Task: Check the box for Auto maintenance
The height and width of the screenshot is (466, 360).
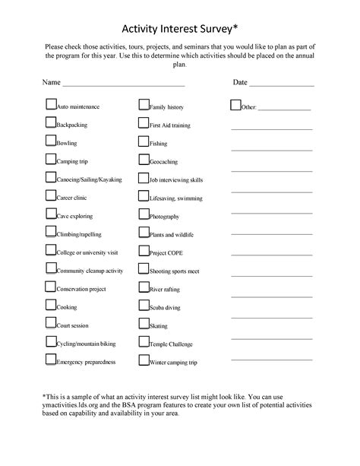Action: pyautogui.click(x=51, y=105)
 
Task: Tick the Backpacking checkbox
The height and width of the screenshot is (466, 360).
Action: pyautogui.click(x=51, y=122)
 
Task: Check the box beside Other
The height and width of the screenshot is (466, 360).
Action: pyautogui.click(x=235, y=105)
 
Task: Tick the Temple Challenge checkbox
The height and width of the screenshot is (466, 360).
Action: pyautogui.click(x=143, y=342)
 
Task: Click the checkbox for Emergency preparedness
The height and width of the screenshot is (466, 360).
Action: pyautogui.click(x=51, y=360)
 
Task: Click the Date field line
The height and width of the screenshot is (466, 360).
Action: pyautogui.click(x=281, y=84)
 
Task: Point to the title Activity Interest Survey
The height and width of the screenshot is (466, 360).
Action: pyautogui.click(x=179, y=29)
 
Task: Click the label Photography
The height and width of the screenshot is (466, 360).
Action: pyautogui.click(x=165, y=217)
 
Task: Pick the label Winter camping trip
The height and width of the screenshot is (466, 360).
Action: pyautogui.click(x=173, y=363)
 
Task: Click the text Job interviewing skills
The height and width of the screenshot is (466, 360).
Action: pyautogui.click(x=176, y=180)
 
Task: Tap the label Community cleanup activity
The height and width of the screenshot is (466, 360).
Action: pyautogui.click(x=90, y=271)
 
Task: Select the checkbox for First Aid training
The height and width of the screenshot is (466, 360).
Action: pyautogui.click(x=143, y=122)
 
